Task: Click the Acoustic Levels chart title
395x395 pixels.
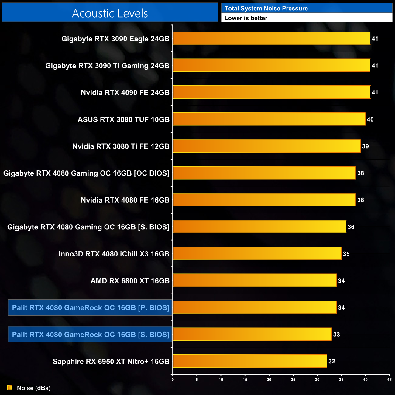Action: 110,13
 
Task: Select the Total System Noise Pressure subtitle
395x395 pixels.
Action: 266,8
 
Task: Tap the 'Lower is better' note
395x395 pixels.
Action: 246,18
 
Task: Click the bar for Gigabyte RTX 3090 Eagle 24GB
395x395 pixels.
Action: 271,39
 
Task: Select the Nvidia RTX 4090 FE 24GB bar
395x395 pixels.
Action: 271,92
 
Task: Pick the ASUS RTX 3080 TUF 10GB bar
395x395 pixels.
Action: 269,119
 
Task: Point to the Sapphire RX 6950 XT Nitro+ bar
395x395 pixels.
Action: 250,361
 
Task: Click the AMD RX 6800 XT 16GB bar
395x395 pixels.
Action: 255,280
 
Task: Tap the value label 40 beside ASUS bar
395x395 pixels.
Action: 370,119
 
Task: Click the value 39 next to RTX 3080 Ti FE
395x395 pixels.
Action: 365,146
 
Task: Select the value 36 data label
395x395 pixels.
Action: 351,227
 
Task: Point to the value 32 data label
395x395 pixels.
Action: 331,361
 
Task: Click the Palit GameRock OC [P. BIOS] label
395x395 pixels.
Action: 90,307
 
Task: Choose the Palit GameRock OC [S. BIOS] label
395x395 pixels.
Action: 90,335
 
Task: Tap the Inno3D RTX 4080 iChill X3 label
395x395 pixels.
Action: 114,254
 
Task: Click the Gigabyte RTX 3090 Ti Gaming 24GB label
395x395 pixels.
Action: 107,66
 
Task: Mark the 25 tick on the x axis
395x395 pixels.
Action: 293,380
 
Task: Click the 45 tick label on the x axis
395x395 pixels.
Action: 389,380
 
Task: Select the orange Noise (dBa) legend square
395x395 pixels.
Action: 10,388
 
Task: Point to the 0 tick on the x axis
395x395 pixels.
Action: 173,380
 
